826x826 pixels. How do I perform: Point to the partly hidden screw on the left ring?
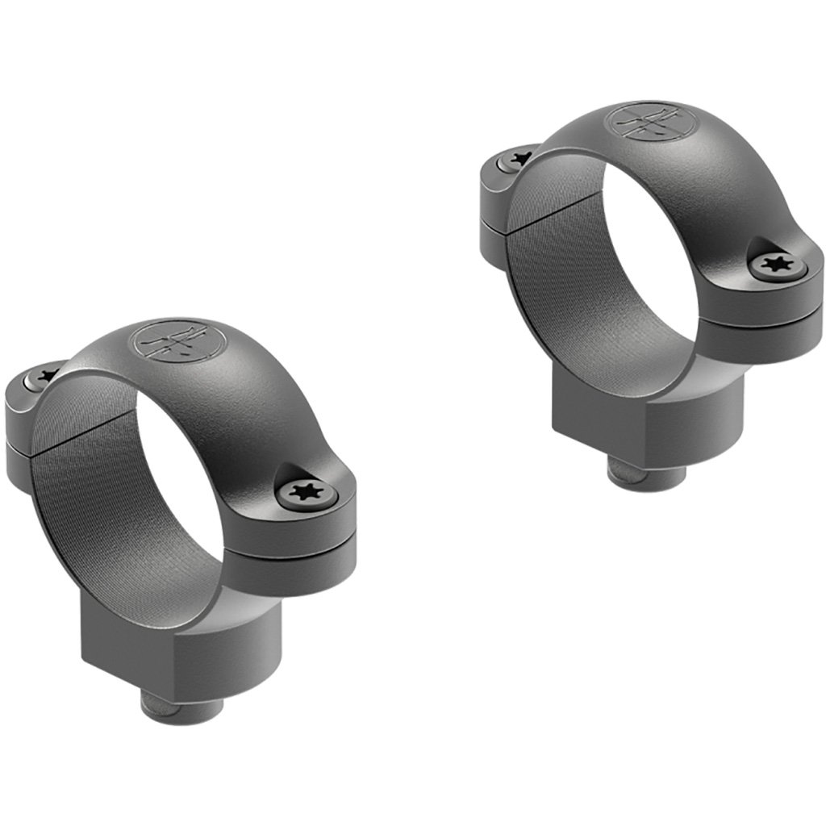(43, 376)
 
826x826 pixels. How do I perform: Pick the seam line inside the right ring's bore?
(549, 211)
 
